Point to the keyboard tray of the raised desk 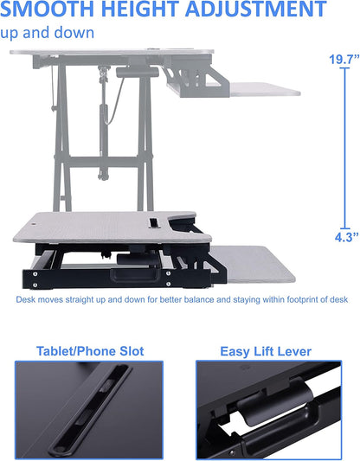tap(260, 89)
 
